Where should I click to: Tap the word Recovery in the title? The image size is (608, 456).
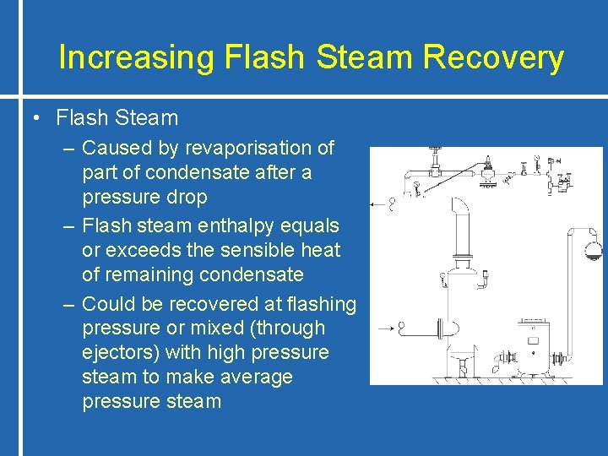point(493,57)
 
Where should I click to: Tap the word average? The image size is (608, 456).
point(251,377)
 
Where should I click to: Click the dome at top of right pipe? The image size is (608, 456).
point(589,248)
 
